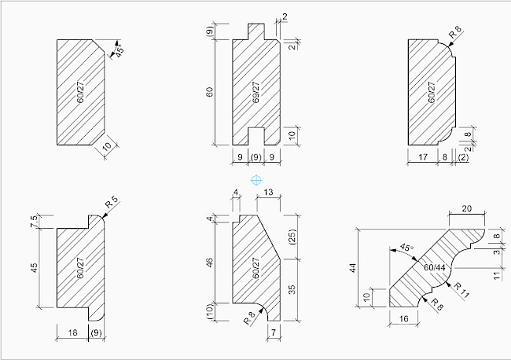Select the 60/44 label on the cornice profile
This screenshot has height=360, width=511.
point(432,268)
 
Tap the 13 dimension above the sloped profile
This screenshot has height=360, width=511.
point(269,193)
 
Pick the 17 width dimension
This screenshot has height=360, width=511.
point(423,158)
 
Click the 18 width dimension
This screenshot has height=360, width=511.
point(72,333)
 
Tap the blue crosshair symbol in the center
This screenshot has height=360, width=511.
point(256,181)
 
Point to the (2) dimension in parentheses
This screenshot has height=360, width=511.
point(464,158)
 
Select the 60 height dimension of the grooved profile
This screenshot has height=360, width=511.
point(210,93)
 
